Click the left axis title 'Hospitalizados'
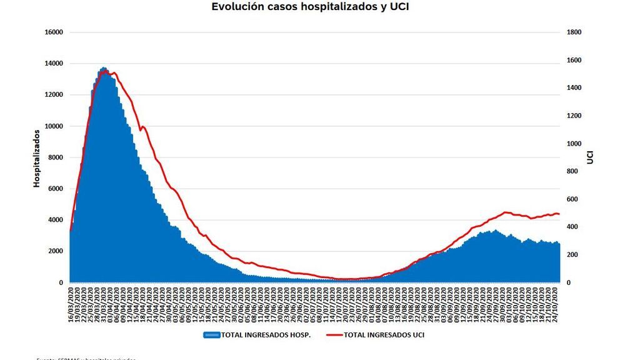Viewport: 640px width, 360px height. click(x=37, y=157)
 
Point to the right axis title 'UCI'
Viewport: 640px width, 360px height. click(x=590, y=157)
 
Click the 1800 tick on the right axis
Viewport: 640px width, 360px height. click(x=574, y=32)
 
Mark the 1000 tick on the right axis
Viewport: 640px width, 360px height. click(x=574, y=144)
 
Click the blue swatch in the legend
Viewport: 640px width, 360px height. click(x=211, y=335)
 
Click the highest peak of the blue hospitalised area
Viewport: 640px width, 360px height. click(x=103, y=68)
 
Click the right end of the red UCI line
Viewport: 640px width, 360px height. click(x=559, y=214)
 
